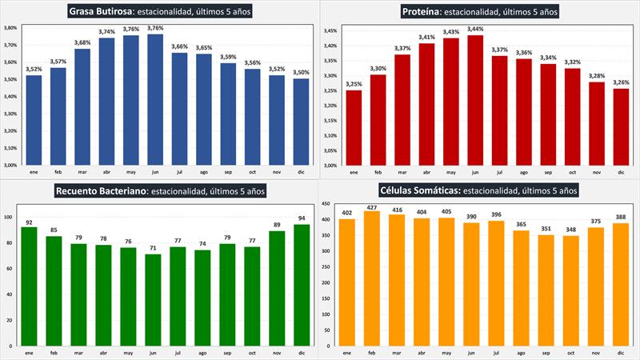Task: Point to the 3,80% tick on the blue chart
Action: click(x=10, y=27)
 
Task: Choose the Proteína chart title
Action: click(x=480, y=11)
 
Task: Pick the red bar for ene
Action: click(x=353, y=128)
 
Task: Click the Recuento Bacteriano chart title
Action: click(x=159, y=190)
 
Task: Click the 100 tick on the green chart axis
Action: click(x=10, y=217)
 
